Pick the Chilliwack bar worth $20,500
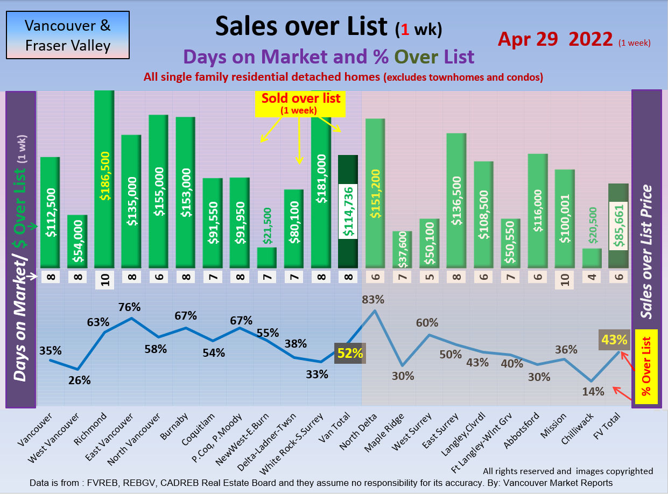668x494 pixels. pos(592,258)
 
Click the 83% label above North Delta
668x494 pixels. pos(374,299)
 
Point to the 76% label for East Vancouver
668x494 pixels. pos(130,307)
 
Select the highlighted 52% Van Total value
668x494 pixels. pos(350,354)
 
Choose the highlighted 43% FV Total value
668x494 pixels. pos(614,340)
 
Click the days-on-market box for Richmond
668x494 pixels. pos(104,279)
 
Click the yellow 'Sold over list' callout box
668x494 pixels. pos(301,103)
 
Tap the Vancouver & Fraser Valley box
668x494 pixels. pos(68,35)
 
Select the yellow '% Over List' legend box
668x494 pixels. pos(646,366)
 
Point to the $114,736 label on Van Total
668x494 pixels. pos(348,212)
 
